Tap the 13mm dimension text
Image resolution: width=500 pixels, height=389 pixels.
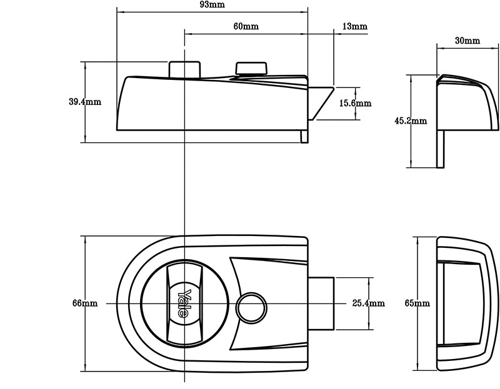point(355,27)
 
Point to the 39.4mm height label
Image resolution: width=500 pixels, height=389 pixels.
point(84,102)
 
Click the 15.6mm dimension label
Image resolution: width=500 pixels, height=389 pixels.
point(355,103)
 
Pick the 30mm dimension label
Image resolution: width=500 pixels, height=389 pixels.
point(467,41)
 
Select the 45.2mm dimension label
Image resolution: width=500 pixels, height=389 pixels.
point(410,121)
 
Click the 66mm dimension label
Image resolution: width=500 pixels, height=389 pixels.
point(84,303)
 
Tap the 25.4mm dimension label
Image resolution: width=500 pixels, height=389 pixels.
point(368,303)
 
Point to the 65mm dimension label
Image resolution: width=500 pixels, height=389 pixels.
point(417,303)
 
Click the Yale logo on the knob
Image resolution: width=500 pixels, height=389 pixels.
point(184,303)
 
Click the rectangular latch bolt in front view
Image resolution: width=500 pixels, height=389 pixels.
point(321,303)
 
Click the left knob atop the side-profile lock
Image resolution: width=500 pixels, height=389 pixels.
point(184,69)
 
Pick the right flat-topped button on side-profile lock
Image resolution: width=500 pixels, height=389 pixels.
point(251,67)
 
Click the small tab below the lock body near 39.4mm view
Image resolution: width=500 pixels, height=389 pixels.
point(304,136)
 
